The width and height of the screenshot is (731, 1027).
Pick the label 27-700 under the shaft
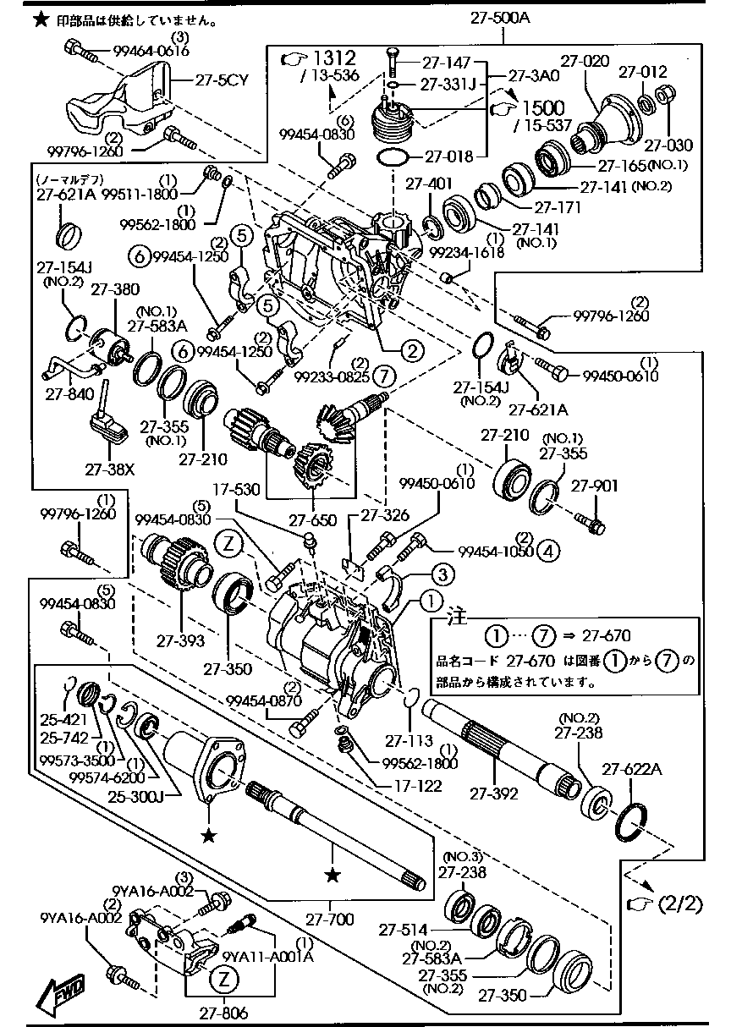[329, 918]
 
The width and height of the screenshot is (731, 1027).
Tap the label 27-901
[595, 486]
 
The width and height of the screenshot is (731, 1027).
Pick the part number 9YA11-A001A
[267, 957]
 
